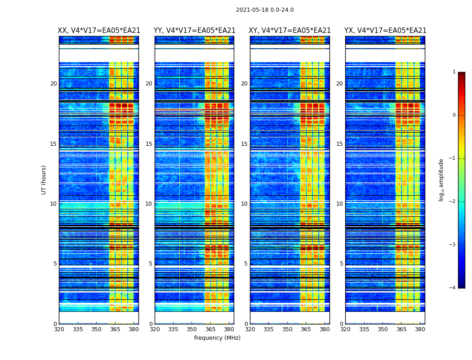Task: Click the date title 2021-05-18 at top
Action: tap(265, 10)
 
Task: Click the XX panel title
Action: tap(99, 31)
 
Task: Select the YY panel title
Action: tap(194, 31)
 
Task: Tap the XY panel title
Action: tap(290, 31)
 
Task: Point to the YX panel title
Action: tap(385, 31)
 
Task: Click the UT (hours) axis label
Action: tap(44, 180)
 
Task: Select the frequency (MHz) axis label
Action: tap(217, 338)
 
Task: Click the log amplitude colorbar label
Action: tap(441, 180)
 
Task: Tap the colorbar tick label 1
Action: tap(454, 72)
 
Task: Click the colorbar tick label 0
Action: tap(454, 115)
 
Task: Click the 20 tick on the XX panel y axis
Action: tap(53, 84)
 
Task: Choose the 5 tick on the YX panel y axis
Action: tap(341, 264)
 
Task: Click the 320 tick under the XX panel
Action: tap(59, 329)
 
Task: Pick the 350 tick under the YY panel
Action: tap(192, 329)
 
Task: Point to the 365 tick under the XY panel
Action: tap(306, 329)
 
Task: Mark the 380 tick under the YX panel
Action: tap(420, 329)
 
